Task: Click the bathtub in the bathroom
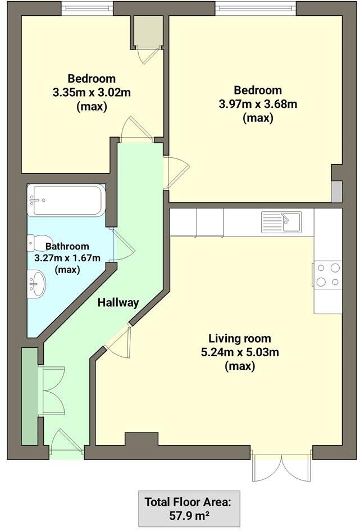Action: (x=66, y=200)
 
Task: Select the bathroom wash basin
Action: (x=37, y=283)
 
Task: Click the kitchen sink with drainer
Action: (x=281, y=222)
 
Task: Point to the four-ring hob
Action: (x=328, y=275)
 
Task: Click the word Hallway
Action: (x=118, y=302)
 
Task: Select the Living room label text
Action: (x=240, y=338)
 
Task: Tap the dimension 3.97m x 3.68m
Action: (x=258, y=104)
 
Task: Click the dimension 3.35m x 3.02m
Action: (x=92, y=92)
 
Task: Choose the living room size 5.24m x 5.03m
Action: (x=240, y=352)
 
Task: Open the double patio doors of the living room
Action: (x=281, y=466)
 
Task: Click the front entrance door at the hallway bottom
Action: (x=66, y=443)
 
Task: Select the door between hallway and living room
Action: (x=119, y=342)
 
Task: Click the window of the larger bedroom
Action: (x=256, y=7)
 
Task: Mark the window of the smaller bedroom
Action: (x=86, y=7)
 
